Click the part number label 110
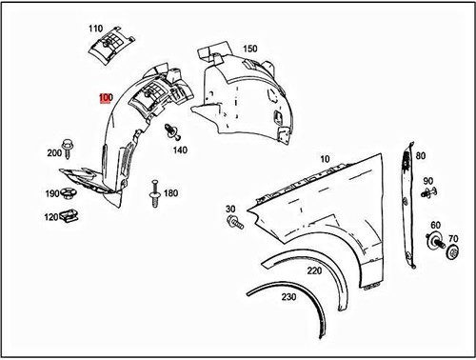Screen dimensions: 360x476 [95, 28]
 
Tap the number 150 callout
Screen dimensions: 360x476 [249, 49]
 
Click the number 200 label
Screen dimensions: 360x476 [54, 152]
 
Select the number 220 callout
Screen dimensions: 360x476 [313, 269]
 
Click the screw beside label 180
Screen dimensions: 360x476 [152, 196]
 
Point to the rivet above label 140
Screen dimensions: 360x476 [171, 130]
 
